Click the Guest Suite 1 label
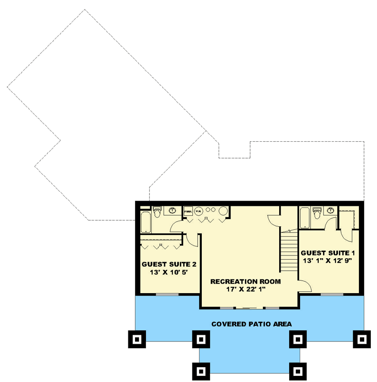(327, 253)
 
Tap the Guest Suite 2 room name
(169, 264)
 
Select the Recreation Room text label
(245, 281)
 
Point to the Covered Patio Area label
(252, 324)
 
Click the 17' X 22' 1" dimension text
(245, 289)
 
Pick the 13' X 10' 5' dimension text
(169, 272)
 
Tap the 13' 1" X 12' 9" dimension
(327, 261)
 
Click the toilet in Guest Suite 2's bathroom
(158, 210)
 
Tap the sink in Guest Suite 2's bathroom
(173, 210)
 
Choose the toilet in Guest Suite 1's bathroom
(316, 211)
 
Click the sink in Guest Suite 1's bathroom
(330, 210)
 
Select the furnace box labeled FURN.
(188, 210)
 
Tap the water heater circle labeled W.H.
(199, 210)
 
